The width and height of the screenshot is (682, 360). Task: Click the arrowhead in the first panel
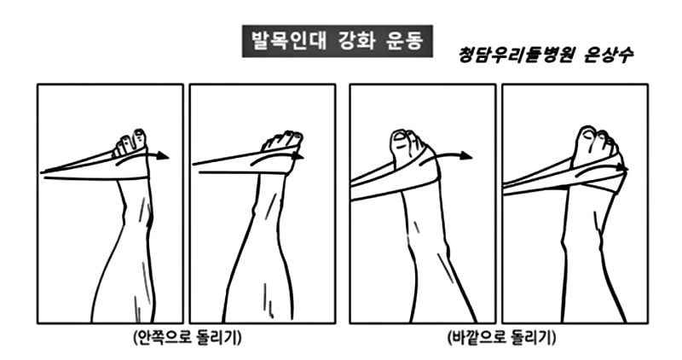[164, 156]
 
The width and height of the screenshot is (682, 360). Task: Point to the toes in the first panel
[130, 137]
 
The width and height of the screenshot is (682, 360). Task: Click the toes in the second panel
[281, 138]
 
